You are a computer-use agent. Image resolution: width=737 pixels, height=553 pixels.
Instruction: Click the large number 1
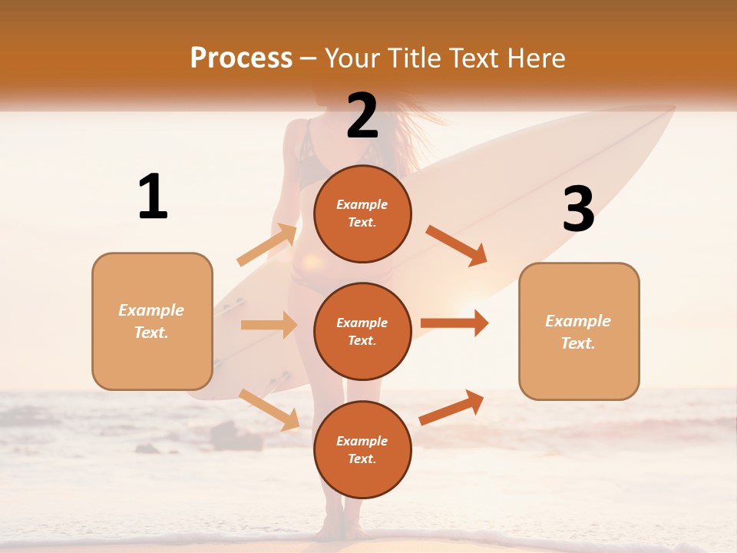(x=153, y=197)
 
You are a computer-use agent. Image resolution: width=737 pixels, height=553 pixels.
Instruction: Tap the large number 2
(x=362, y=116)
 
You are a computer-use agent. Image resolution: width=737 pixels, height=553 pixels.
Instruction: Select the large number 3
(x=578, y=210)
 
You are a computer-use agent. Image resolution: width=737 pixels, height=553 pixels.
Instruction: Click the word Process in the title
(x=241, y=58)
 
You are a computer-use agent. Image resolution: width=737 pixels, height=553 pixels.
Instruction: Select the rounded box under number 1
(x=152, y=321)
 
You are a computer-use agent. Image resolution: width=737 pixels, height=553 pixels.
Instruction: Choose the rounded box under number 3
(x=579, y=332)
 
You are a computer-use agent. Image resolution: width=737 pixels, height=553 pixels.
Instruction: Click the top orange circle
(x=362, y=214)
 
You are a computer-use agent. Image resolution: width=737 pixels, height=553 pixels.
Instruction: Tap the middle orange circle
(x=362, y=331)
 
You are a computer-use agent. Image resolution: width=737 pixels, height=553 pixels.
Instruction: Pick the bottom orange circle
(x=362, y=449)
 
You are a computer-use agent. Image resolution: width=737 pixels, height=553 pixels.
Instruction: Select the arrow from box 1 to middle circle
(x=269, y=325)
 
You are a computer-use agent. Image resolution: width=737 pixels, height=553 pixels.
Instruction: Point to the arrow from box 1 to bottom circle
(x=269, y=409)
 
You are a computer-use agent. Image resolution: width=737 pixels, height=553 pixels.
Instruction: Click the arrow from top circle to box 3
(x=457, y=246)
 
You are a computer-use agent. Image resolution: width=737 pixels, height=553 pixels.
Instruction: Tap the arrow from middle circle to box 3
(x=454, y=323)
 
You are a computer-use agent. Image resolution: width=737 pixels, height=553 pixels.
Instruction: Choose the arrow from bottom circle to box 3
(x=452, y=408)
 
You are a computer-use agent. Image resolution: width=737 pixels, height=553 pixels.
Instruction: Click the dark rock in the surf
(x=235, y=435)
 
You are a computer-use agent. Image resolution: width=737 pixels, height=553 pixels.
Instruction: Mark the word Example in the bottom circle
(x=362, y=441)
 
